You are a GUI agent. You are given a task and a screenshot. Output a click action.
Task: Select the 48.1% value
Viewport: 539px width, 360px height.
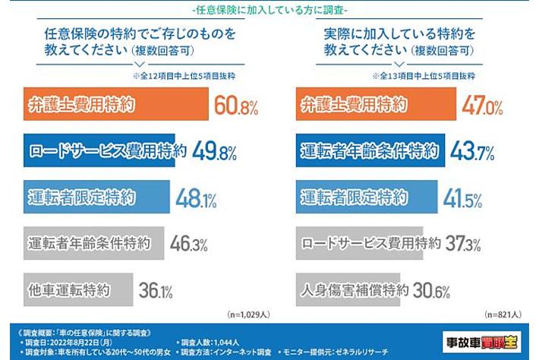pos(197,200)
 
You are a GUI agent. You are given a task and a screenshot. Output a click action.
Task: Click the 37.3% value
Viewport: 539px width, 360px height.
pos(461,245)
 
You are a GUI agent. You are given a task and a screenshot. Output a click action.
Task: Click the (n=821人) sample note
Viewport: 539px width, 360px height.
pos(502,313)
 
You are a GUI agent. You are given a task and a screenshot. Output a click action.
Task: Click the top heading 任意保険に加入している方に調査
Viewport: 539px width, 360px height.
pos(269,10)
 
